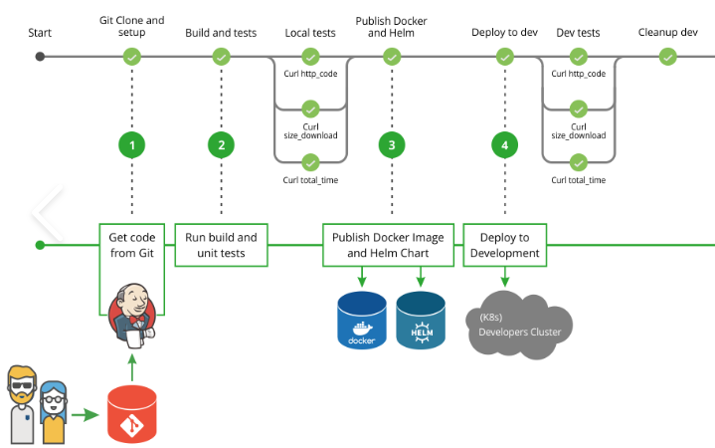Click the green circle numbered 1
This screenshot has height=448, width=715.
131,145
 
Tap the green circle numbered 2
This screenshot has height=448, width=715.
221,145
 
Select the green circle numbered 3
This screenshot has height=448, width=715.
392,145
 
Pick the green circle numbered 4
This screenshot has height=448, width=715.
505,145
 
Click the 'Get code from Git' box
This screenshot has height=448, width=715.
131,245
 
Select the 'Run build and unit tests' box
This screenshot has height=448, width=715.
221,245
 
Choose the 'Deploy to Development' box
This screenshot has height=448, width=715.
505,245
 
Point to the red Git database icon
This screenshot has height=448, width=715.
132,414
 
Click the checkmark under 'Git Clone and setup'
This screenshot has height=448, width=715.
131,57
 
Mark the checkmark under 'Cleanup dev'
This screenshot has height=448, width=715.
667,57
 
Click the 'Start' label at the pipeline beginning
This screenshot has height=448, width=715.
40,33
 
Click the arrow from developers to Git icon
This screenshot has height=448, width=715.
91,411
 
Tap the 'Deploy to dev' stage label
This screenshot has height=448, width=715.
505,33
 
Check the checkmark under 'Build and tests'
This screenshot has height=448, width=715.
221,57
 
